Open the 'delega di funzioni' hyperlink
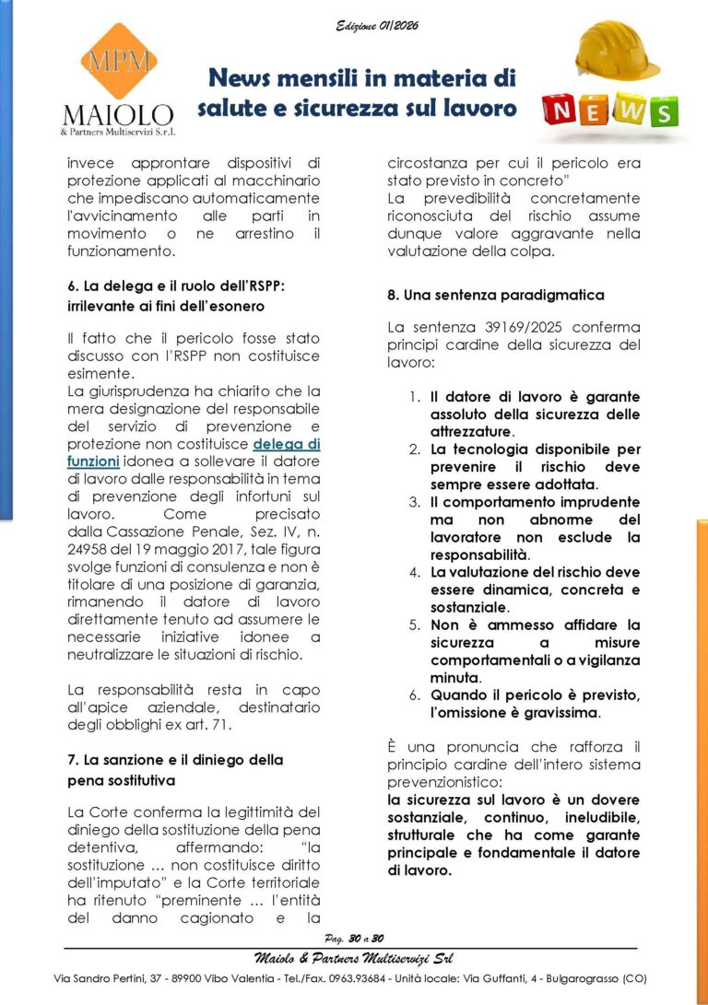coord(287,443)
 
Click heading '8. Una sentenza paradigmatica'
coord(495,295)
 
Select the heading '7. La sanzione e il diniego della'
coord(175,760)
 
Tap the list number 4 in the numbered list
coord(415,572)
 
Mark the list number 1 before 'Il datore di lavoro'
coord(415,396)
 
